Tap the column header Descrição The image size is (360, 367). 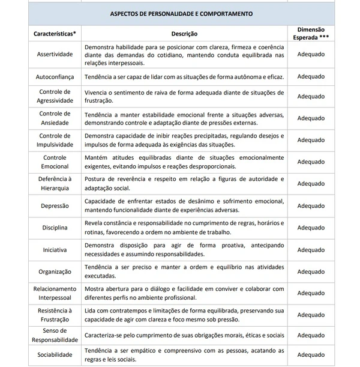pos(184,34)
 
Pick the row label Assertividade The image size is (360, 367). pos(55,54)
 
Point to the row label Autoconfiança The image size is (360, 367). pos(55,77)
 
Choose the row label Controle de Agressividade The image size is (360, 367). pos(55,96)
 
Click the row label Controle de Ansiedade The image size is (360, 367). pos(55,118)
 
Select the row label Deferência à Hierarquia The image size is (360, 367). pos(55,183)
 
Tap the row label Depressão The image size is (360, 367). pos(55,205)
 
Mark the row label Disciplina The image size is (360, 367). pos(55,228)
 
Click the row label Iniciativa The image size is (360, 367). pos(55,249)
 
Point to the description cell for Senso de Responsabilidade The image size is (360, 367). pos(184,335)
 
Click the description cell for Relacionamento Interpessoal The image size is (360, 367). pos(184,293)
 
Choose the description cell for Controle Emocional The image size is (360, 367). pos(184,162)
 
